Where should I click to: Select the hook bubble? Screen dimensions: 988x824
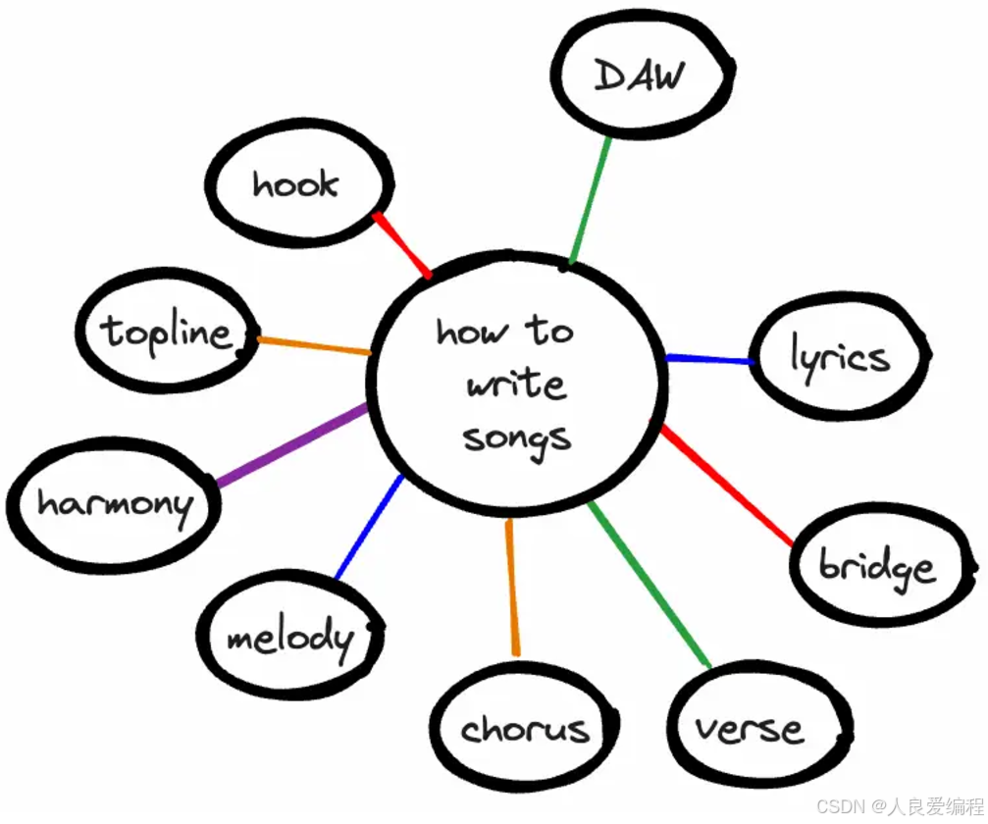(x=297, y=185)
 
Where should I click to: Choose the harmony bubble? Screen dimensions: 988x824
(x=114, y=504)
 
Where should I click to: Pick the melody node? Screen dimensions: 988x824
(x=288, y=639)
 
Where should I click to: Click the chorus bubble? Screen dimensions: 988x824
(x=524, y=728)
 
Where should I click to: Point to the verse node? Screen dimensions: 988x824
(x=751, y=728)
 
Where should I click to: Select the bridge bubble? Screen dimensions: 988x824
(x=877, y=567)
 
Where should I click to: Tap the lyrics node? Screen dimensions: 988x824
(x=840, y=357)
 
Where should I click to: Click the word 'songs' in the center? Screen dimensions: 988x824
(x=517, y=437)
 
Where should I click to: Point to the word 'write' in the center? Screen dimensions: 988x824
(x=516, y=384)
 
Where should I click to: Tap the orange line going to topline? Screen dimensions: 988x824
(x=314, y=345)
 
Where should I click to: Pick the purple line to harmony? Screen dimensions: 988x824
(x=291, y=446)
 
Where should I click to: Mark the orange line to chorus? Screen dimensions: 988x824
(x=511, y=587)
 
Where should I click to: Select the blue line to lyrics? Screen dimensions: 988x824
(x=708, y=360)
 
